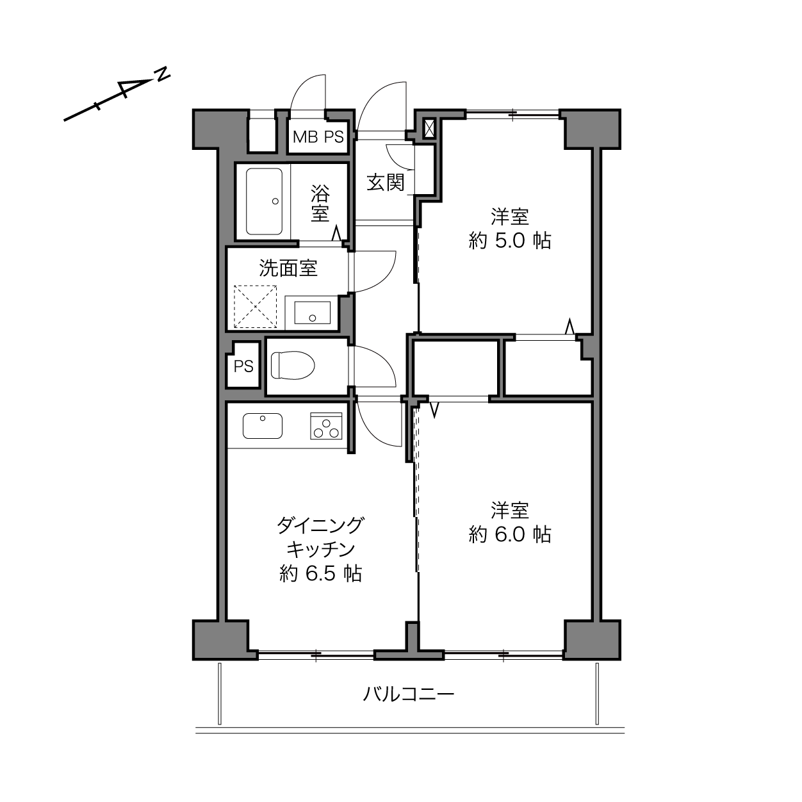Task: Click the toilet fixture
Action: pyautogui.click(x=293, y=365)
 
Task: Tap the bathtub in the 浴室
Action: pyautogui.click(x=265, y=201)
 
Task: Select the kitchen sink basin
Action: pyautogui.click(x=263, y=426)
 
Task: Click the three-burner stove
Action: pyautogui.click(x=326, y=426)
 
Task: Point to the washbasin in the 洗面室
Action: pyautogui.click(x=313, y=313)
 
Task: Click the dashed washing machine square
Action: pyautogui.click(x=256, y=306)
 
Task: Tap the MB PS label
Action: pyautogui.click(x=318, y=137)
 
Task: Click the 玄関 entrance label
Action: pyautogui.click(x=386, y=183)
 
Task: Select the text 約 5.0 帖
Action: pyautogui.click(x=510, y=241)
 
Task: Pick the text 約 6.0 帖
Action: pyautogui.click(x=510, y=534)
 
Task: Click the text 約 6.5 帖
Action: pyautogui.click(x=320, y=574)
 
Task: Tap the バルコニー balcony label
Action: pyautogui.click(x=409, y=694)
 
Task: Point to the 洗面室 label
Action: pyautogui.click(x=288, y=268)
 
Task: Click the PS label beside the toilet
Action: pyautogui.click(x=243, y=366)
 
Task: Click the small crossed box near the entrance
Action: pyautogui.click(x=430, y=128)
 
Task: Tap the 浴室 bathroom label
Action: pyautogui.click(x=320, y=203)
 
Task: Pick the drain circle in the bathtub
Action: pyautogui.click(x=275, y=201)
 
